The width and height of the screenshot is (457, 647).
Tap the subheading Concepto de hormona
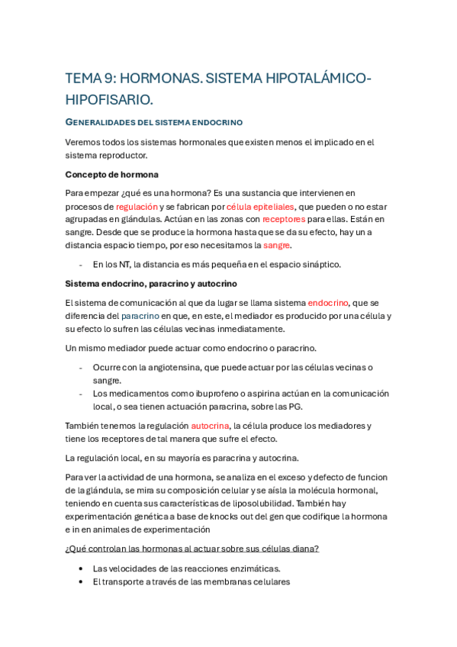(x=112, y=174)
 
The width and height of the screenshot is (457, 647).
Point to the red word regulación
(x=137, y=206)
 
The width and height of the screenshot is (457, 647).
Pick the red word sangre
(x=277, y=245)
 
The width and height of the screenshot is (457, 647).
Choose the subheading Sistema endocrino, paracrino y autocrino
(x=151, y=284)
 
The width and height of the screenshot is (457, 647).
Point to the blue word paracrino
(x=140, y=316)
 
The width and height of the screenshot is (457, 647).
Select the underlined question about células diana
(x=192, y=548)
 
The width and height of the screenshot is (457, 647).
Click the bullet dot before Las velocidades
(x=81, y=568)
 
